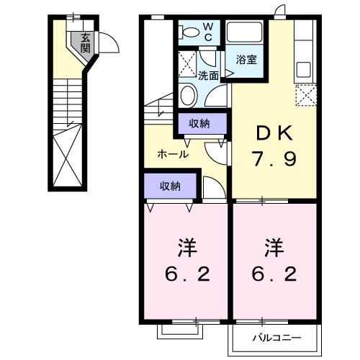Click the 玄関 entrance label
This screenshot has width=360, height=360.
[85, 43]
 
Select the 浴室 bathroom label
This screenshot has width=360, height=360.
[246, 60]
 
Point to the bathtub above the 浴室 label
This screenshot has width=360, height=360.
[246, 34]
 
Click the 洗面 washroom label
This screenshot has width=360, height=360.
[209, 74]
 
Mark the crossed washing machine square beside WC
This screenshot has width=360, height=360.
[189, 61]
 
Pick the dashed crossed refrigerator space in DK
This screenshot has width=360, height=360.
[306, 96]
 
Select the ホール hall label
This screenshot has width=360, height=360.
[174, 154]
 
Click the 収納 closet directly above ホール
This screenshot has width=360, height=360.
[199, 124]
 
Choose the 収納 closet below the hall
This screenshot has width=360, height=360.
[171, 186]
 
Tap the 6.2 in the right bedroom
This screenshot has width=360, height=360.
[274, 276]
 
